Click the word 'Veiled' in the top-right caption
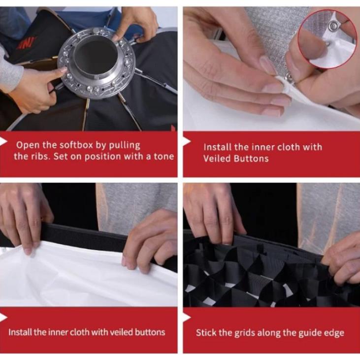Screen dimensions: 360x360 pos(217,159)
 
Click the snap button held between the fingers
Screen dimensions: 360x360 pos(290,78)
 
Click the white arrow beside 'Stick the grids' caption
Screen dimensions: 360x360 pos(187,318)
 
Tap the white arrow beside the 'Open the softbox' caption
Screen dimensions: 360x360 pos(3,141)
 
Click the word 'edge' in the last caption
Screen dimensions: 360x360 pos(334,333)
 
